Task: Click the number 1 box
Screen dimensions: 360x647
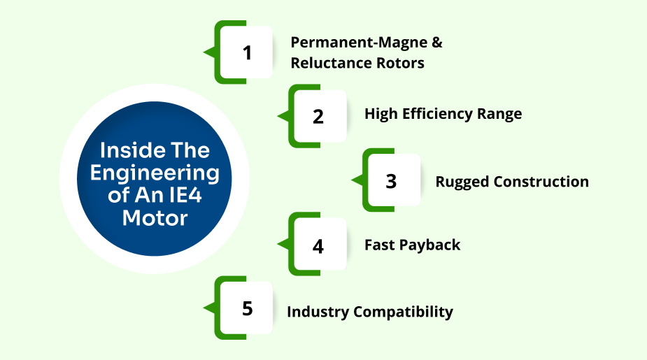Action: (x=247, y=52)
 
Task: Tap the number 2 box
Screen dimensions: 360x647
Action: (x=319, y=116)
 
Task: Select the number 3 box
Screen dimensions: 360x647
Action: (x=391, y=180)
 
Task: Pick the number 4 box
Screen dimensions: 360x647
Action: (x=319, y=245)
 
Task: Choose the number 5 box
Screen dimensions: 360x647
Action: (x=247, y=308)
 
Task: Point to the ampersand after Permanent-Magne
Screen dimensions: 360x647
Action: (x=437, y=42)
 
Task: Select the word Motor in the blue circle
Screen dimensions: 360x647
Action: (x=155, y=217)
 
